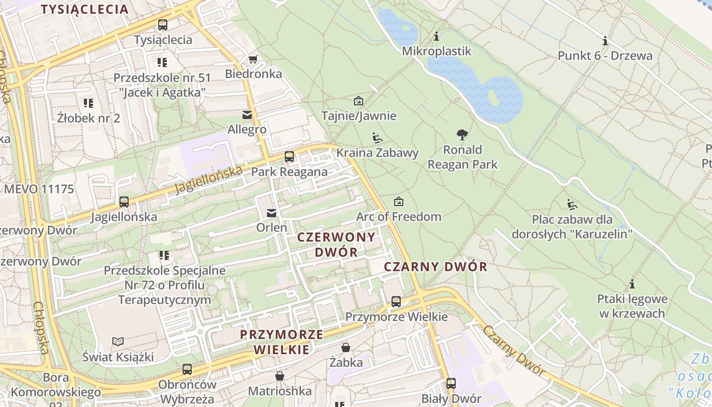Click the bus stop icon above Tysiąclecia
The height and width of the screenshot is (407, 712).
(x=162, y=24)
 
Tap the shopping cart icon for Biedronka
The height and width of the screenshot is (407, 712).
(x=253, y=59)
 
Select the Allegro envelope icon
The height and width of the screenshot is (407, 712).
(x=247, y=115)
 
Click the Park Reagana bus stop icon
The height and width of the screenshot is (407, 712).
(x=289, y=157)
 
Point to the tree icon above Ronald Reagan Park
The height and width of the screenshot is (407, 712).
(x=462, y=135)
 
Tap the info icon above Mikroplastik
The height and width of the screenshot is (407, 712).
(x=436, y=37)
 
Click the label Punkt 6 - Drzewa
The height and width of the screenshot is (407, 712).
(x=605, y=55)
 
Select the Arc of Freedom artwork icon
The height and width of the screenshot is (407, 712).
(x=399, y=201)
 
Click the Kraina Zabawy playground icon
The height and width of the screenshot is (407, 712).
(x=377, y=137)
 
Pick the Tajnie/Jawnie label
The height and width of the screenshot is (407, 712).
(x=359, y=115)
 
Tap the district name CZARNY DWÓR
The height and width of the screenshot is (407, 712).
(x=435, y=267)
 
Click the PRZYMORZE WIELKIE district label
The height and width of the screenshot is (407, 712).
(x=281, y=342)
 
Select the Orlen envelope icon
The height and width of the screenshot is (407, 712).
(x=272, y=213)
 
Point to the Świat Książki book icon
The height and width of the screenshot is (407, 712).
(x=118, y=341)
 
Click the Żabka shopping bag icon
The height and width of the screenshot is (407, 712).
(x=346, y=347)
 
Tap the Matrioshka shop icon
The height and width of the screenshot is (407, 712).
(x=279, y=376)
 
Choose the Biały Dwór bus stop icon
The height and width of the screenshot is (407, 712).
(x=451, y=384)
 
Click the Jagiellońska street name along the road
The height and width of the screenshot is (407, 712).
(x=209, y=180)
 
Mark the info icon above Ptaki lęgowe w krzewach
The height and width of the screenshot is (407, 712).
(x=632, y=284)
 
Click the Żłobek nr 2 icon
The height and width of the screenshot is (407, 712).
(x=88, y=103)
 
